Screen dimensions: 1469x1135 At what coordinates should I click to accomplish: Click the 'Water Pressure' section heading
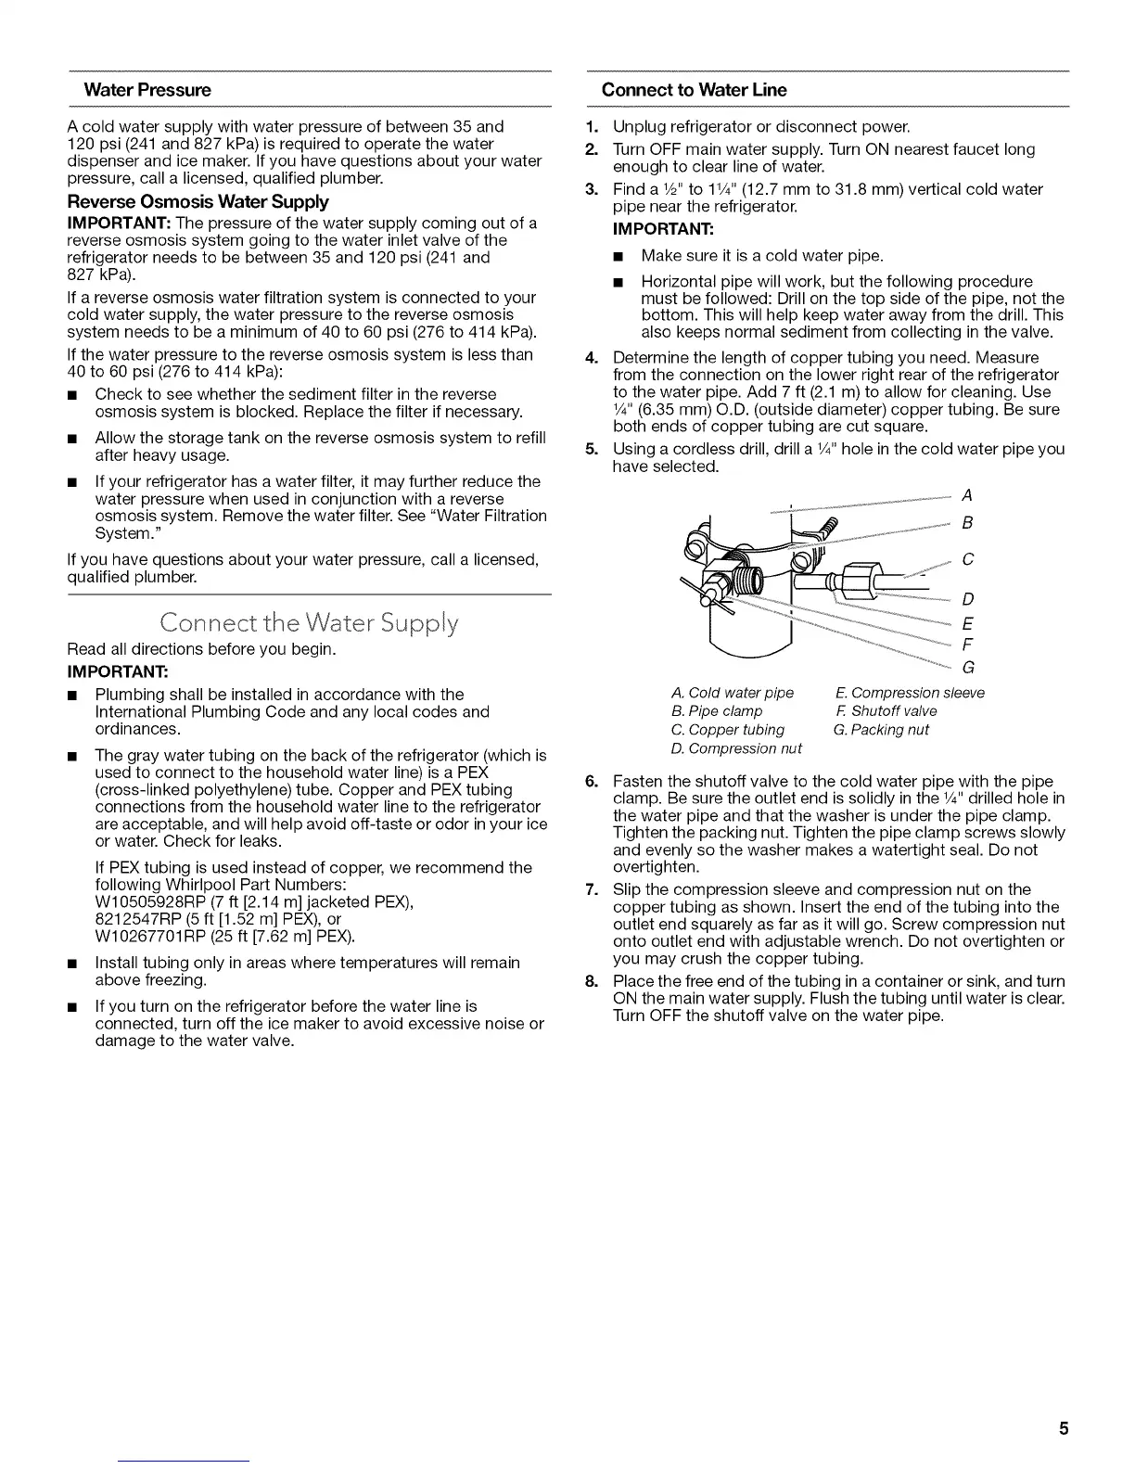[147, 90]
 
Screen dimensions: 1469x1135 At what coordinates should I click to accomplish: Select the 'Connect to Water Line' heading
[694, 90]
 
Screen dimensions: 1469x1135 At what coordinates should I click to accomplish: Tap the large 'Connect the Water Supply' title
[309, 622]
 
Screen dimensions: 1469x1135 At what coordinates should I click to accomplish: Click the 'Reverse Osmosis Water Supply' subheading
[198, 201]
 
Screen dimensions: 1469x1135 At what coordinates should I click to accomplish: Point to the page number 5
[1064, 1428]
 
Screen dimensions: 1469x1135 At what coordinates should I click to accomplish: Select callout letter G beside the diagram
[968, 667]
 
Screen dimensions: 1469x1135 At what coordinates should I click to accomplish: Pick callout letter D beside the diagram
[967, 599]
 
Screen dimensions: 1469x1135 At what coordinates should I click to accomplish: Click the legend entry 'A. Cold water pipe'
[732, 693]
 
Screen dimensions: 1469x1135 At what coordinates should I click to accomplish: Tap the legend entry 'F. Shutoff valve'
[886, 711]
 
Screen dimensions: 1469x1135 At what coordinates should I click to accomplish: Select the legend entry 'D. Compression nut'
[734, 748]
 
